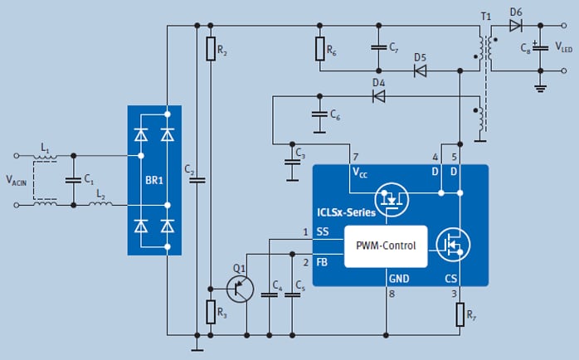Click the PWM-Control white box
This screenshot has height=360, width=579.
(386, 246)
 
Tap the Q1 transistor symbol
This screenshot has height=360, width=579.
(240, 288)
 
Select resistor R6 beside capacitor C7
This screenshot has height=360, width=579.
(320, 50)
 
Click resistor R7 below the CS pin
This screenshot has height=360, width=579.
(460, 315)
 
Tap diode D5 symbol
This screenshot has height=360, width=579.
(420, 71)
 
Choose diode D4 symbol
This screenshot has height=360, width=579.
(378, 96)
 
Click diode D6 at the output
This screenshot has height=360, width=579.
(516, 25)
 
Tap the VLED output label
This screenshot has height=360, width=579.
(563, 48)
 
